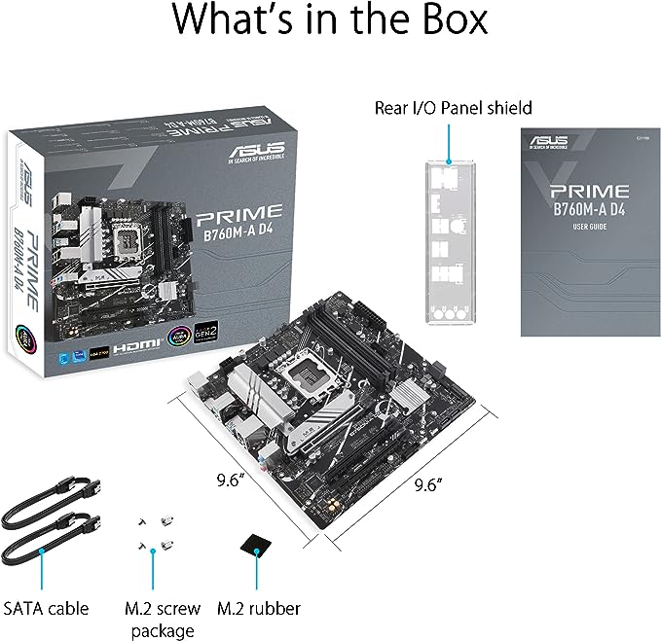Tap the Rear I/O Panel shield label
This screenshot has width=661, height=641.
[453, 107]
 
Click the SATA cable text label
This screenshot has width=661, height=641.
[46, 608]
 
